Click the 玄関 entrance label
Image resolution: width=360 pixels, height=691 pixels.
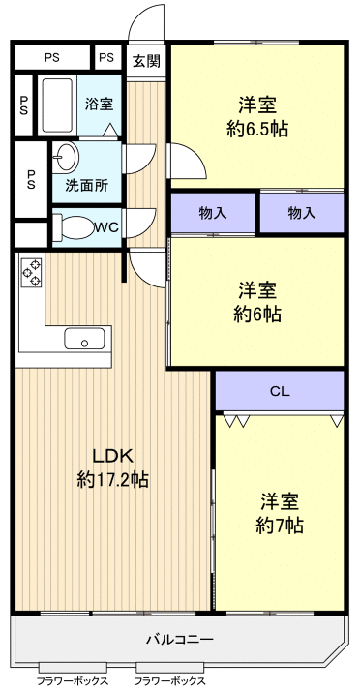(x=146, y=60)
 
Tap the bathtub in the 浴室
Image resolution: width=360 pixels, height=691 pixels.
(x=59, y=105)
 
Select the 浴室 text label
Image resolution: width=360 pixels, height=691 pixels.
(x=99, y=105)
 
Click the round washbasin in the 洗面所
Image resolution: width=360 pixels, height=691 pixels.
(x=67, y=157)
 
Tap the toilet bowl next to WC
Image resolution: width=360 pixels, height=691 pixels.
(x=71, y=228)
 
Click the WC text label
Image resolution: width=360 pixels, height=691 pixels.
(x=107, y=228)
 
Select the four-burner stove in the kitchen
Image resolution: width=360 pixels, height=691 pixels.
(x=31, y=272)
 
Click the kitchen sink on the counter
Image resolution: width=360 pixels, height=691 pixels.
(x=84, y=339)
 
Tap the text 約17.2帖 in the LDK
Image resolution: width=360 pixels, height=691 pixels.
(x=112, y=479)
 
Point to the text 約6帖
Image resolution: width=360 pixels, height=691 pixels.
(x=258, y=314)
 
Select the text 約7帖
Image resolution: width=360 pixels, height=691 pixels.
(x=280, y=526)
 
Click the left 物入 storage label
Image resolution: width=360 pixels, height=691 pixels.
(x=213, y=213)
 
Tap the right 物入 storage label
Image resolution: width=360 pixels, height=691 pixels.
(x=302, y=213)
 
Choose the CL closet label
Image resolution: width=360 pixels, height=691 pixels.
(x=280, y=392)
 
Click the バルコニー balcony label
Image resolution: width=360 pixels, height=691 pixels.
(x=179, y=639)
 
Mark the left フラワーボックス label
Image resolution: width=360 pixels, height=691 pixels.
(x=73, y=681)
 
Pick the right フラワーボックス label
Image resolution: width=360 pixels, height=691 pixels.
(x=169, y=681)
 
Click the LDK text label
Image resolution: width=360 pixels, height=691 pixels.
(x=111, y=456)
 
